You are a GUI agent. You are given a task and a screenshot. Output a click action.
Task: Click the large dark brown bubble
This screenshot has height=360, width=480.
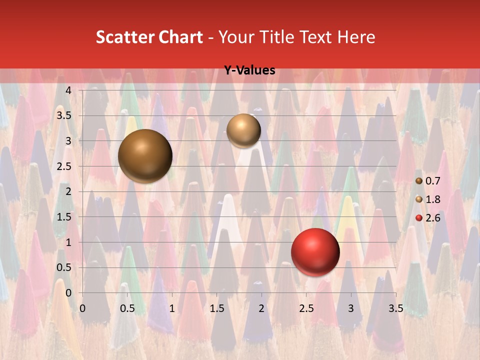tap(145, 156)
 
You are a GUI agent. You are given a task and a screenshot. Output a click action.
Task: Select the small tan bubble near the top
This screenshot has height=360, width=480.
tap(243, 130)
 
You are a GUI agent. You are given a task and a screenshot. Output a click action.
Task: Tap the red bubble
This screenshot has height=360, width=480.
tap(315, 252)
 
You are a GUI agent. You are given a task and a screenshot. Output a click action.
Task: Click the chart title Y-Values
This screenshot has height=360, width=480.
tap(249, 70)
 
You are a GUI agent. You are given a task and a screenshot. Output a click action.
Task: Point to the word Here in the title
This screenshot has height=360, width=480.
tap(356, 37)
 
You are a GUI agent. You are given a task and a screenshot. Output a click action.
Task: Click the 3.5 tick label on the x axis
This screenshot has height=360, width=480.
tap(395, 308)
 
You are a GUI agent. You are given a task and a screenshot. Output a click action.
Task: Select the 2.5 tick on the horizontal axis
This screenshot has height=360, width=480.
tap(306, 308)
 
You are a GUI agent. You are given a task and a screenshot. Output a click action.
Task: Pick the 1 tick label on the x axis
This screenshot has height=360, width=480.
tap(172, 308)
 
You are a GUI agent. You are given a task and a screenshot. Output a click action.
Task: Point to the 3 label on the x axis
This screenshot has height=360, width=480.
tap(351, 308)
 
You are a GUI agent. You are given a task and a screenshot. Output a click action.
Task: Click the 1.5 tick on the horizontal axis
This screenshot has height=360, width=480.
tap(216, 308)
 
